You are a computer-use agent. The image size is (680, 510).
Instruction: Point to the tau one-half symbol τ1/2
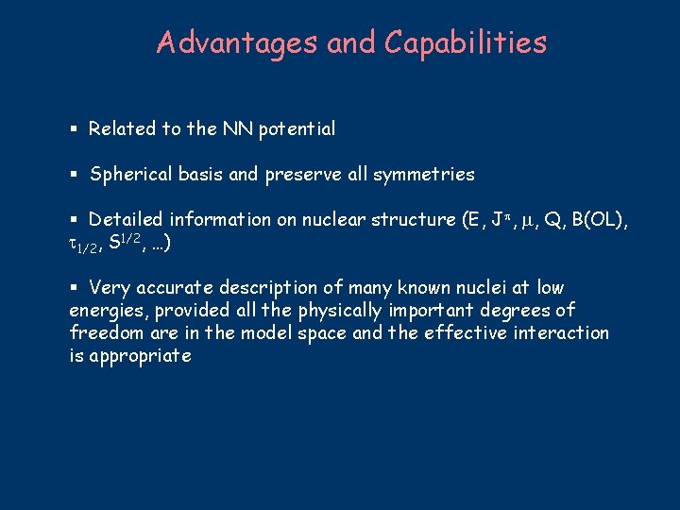point(84,244)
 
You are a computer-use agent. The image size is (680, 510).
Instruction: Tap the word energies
point(106,312)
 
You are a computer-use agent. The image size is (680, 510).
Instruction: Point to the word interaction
point(561,333)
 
